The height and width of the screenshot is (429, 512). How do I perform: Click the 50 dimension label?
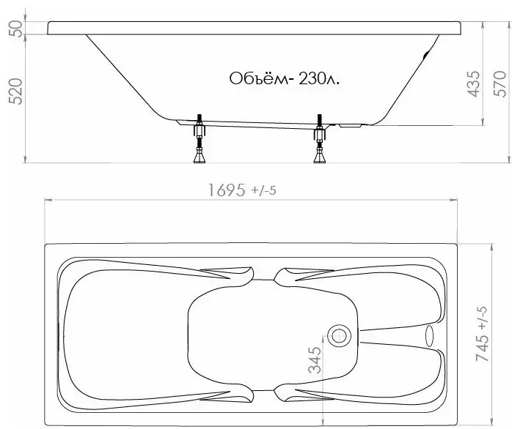click(16, 28)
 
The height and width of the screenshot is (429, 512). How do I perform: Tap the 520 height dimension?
click(15, 92)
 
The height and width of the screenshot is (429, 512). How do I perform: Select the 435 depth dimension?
click(474, 84)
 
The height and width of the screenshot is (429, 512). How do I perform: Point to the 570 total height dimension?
click(500, 83)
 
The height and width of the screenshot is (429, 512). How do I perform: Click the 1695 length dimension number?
click(226, 190)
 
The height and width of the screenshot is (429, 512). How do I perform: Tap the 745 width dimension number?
click(483, 348)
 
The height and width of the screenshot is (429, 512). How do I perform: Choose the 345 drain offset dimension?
click(315, 360)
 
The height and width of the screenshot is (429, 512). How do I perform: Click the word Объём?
click(258, 78)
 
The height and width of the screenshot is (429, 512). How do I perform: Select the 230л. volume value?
click(318, 78)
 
